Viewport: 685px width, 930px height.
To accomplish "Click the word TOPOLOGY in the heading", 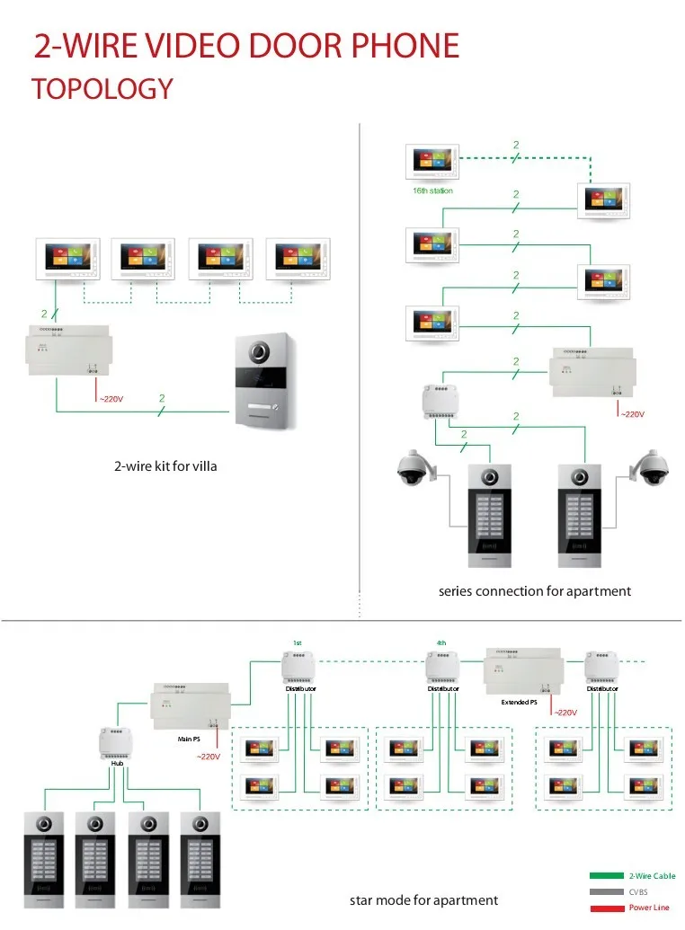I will [x=102, y=89].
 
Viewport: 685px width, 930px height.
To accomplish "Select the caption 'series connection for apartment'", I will [x=534, y=590].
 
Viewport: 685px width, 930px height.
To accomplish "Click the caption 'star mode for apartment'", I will [x=423, y=899].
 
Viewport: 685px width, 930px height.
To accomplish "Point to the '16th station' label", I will [x=432, y=190].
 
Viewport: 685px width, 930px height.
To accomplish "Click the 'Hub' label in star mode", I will [x=116, y=764].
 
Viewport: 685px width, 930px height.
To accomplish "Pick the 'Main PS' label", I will [x=188, y=739].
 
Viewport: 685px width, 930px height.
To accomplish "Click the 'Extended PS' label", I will [x=519, y=702].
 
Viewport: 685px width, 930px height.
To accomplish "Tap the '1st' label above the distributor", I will [x=297, y=642].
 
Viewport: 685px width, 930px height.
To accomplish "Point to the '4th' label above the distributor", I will [x=440, y=642].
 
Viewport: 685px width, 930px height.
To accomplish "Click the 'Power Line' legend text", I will [x=649, y=908].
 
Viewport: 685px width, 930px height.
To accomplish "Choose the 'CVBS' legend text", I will [x=639, y=891].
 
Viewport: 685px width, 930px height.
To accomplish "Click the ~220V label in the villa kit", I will [x=111, y=399].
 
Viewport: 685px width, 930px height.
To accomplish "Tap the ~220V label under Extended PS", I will [x=565, y=713].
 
